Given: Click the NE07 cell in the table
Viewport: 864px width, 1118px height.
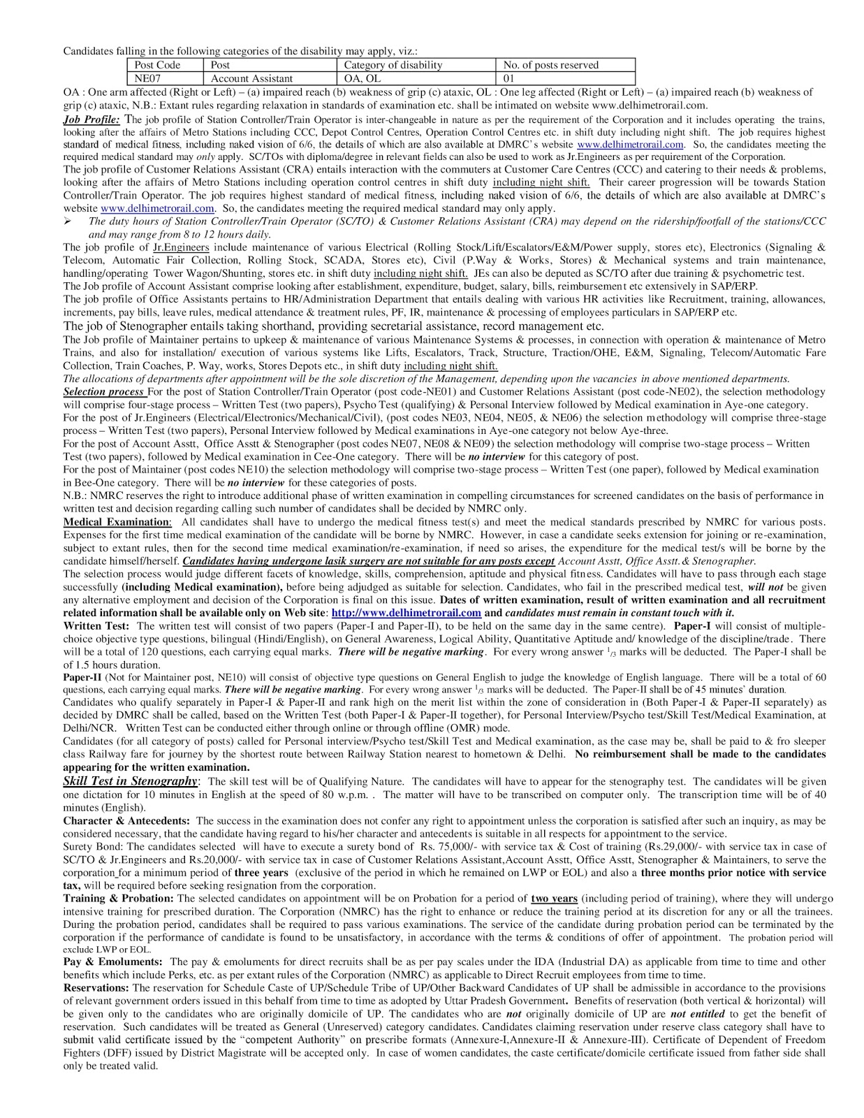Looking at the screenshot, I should point(147,79).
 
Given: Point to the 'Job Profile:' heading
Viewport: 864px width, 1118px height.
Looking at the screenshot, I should point(91,119).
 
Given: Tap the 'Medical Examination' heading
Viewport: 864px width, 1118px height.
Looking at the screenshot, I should point(117,522).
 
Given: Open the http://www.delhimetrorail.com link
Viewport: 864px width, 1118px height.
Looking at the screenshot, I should point(406,613).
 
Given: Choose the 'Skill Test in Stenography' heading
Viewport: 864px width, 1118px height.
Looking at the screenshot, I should point(131,781).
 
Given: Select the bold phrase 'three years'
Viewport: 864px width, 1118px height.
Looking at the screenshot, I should point(261,873).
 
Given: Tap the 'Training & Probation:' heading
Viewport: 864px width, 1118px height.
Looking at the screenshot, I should point(119,899).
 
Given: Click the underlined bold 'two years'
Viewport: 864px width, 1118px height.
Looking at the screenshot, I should point(555,899).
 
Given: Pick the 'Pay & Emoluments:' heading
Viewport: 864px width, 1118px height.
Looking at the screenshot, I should point(112,962).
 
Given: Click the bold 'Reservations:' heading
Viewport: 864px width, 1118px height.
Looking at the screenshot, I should point(96,988).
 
